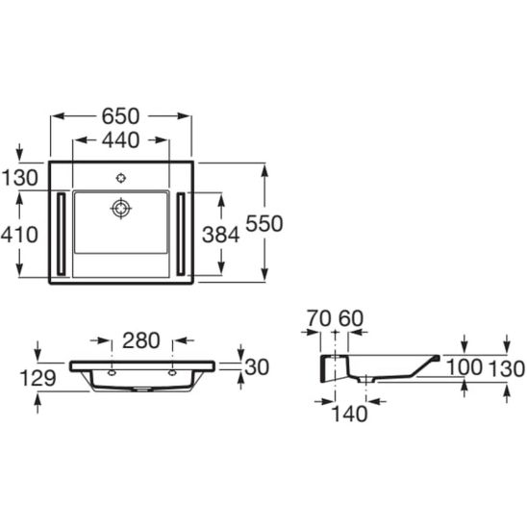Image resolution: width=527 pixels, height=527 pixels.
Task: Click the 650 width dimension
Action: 120,116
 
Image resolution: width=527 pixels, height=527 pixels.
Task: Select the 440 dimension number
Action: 120,140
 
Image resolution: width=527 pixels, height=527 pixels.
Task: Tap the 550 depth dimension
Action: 264,223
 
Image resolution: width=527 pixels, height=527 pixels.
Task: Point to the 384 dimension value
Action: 221,235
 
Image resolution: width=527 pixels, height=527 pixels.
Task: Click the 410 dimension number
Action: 19,235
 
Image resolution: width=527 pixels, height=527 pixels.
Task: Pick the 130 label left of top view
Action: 20,178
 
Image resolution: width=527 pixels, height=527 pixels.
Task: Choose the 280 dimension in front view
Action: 141,340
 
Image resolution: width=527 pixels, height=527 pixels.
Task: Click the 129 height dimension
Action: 38,378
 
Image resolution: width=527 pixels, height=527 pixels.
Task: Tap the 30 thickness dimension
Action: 257,367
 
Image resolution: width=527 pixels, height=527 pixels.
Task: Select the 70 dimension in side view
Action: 319,318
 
